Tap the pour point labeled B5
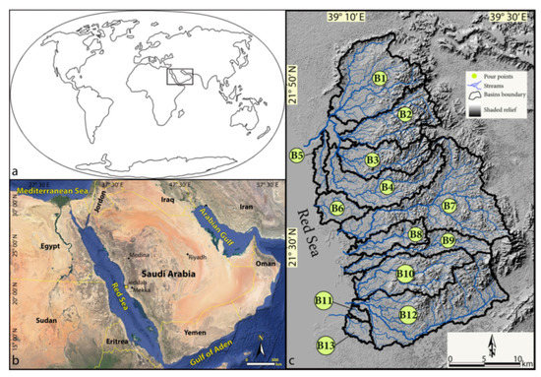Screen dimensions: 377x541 [296, 156]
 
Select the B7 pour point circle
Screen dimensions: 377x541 [449, 206]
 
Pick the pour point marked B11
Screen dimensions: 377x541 [324, 299]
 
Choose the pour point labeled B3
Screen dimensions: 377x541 [372, 159]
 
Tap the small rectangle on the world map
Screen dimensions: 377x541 [178, 76]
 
